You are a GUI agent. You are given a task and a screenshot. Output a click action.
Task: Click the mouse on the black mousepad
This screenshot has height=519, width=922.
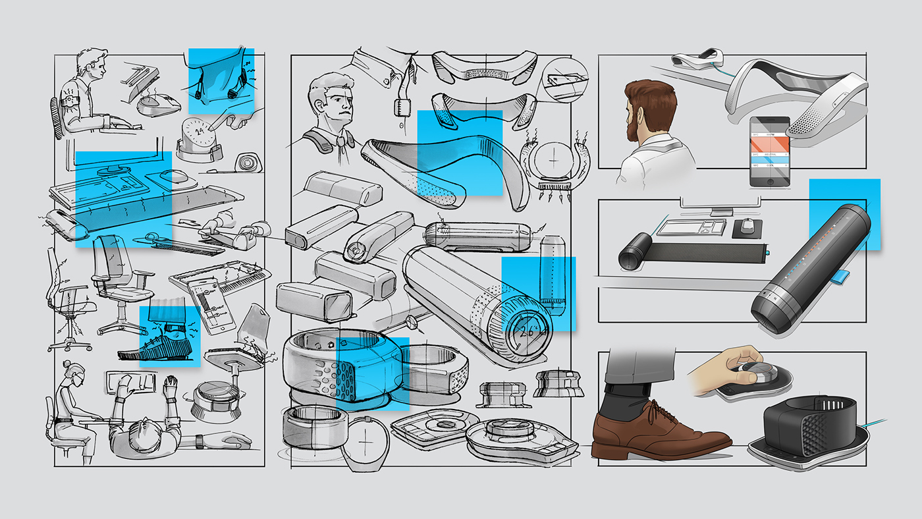click(x=746, y=226)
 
